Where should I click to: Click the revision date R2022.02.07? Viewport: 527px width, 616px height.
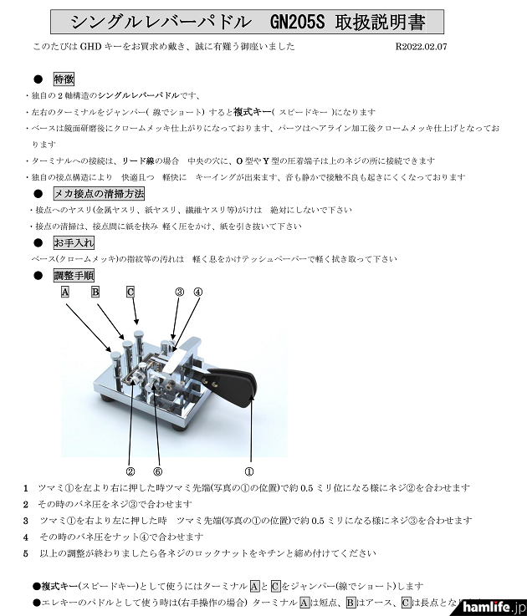(421, 48)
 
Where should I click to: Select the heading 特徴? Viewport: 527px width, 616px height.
(64, 79)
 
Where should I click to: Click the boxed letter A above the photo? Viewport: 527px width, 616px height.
(64, 293)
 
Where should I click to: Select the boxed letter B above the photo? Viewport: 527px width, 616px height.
(95, 293)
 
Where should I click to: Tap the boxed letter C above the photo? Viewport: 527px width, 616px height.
(130, 293)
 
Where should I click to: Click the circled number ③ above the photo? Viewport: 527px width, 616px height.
(179, 293)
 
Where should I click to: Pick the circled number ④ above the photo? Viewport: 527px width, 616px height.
(197, 293)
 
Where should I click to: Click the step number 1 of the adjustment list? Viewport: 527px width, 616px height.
(26, 487)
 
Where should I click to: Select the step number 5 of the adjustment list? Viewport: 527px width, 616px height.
(26, 552)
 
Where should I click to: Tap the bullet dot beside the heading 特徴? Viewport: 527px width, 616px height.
(38, 79)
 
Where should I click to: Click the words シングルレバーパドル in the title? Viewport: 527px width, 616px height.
(158, 21)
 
